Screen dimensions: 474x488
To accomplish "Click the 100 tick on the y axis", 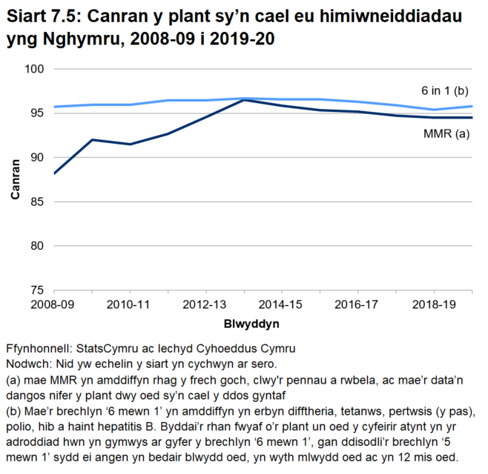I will (36, 69).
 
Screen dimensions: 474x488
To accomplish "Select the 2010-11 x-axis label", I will (131, 304).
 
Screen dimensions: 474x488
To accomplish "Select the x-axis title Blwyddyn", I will (251, 324).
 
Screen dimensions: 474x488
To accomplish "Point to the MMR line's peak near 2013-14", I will (244, 99).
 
